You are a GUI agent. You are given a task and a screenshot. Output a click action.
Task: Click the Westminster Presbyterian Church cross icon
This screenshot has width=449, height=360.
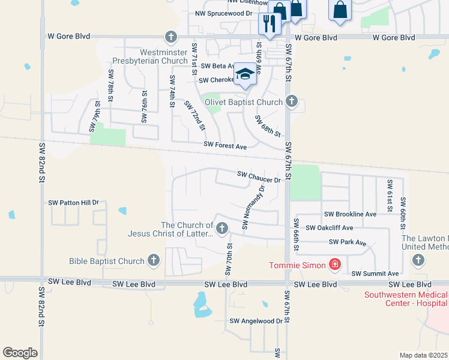click(x=171, y=37)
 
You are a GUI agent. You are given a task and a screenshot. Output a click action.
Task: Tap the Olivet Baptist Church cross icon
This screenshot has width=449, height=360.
click(x=292, y=101)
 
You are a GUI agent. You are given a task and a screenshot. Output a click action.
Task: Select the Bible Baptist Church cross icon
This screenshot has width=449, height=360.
click(x=154, y=260)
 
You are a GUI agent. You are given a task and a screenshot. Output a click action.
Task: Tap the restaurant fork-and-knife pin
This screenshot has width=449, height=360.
click(x=268, y=24)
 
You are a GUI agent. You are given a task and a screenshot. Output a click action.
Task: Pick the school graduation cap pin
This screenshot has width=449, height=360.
click(x=244, y=74)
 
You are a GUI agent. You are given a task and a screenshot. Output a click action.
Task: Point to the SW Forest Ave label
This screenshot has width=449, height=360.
click(x=225, y=145)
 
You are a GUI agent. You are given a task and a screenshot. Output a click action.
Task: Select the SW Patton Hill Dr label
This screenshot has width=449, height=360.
click(x=73, y=203)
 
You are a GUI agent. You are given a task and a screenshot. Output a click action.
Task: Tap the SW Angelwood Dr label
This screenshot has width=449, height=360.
click(x=256, y=321)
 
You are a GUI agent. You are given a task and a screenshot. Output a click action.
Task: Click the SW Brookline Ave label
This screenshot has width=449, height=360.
click(x=350, y=214)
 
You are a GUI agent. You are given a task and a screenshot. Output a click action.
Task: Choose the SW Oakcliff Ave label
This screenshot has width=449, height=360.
click(x=329, y=228)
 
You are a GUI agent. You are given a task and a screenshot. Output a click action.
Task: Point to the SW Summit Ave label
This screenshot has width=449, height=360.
click(x=375, y=273)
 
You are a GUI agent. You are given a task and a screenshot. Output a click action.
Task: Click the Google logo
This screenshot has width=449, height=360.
click(x=20, y=353)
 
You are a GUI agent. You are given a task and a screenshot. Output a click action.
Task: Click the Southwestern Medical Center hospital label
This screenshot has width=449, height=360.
click(x=406, y=299)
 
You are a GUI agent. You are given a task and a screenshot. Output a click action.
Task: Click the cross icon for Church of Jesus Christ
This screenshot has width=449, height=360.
click(x=222, y=227)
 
